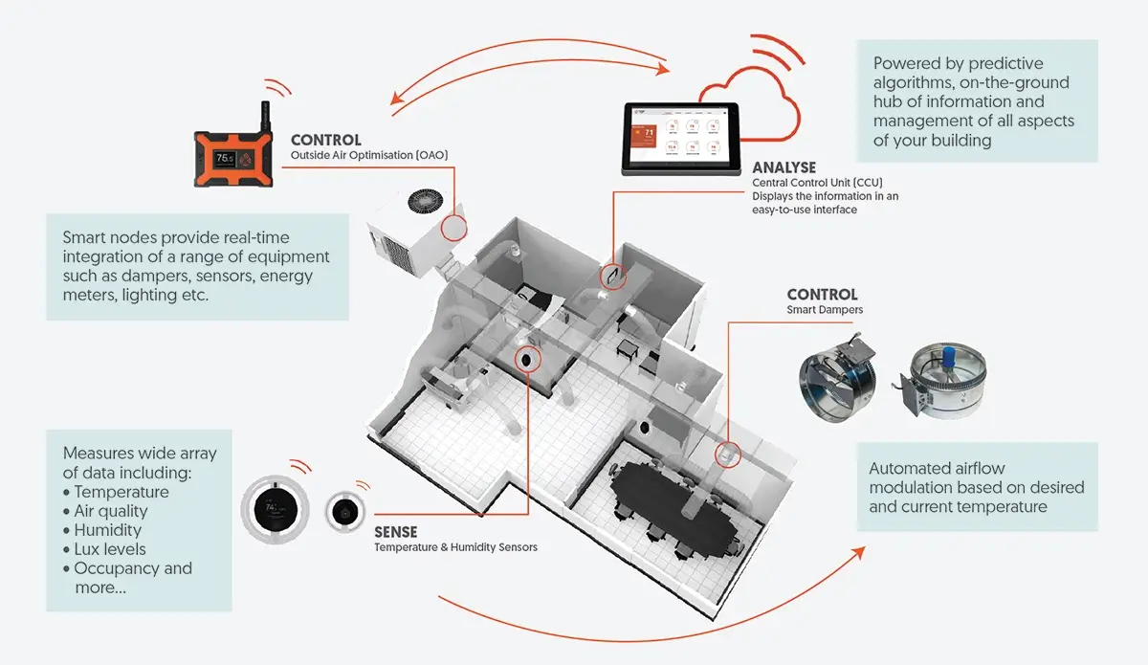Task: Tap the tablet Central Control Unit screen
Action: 680,138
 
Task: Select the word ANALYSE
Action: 784,167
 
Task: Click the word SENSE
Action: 395,531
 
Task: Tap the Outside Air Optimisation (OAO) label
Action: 369,155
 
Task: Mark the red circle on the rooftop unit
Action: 453,227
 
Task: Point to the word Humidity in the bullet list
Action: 107,530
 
